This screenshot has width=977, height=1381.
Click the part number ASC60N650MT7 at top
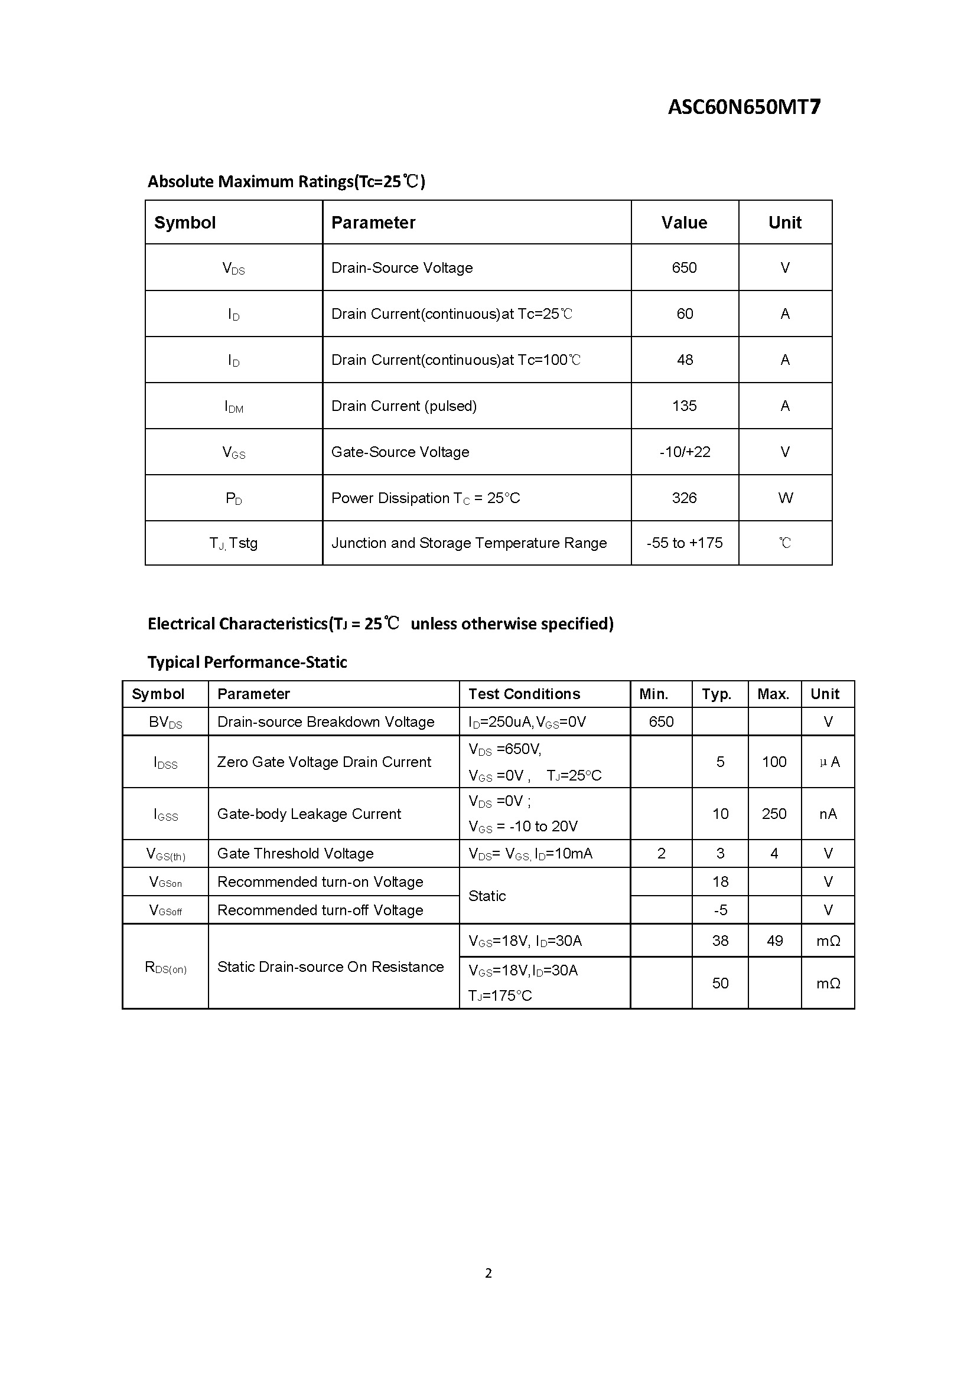coord(744,107)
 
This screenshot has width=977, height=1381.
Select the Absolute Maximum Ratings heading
coord(286,181)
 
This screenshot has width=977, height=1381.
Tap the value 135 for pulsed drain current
coord(684,406)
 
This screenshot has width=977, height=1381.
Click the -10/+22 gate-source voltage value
coord(685,452)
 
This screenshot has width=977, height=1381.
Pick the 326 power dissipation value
coord(684,498)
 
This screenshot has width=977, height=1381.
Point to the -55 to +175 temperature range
coord(684,543)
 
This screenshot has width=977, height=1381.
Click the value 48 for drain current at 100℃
coord(685,360)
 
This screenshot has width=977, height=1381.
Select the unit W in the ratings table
coord(785,498)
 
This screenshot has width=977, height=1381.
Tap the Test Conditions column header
coord(524,694)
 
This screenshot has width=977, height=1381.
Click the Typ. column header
coord(716,694)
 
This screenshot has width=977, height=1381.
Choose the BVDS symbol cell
coord(165,721)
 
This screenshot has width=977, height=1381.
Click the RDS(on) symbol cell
coord(165,967)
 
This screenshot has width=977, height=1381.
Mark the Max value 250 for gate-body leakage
coord(774,814)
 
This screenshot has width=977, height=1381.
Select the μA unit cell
coord(829,762)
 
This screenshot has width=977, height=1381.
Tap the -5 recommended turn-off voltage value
coord(720,910)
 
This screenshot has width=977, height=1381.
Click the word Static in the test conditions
coord(487,896)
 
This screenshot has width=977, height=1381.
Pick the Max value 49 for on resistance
coord(774,941)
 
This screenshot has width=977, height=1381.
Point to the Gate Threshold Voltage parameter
coord(295,854)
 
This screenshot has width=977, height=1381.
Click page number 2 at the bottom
coord(488,1273)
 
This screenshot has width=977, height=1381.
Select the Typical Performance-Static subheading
coord(247,662)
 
